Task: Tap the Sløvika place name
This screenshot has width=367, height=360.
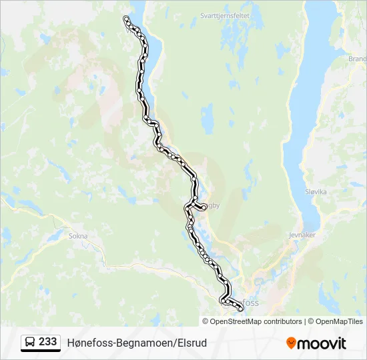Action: [x=316, y=191]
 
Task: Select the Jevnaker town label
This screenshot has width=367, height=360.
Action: [x=302, y=235]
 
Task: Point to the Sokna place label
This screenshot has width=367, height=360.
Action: [x=78, y=235]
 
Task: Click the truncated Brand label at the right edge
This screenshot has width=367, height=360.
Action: [x=357, y=59]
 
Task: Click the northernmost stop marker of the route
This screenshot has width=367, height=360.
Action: [x=126, y=18]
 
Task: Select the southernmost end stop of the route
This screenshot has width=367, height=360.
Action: [x=240, y=309]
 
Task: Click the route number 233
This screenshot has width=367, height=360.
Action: [x=48, y=341]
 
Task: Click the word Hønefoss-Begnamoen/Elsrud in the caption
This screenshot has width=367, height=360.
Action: [x=137, y=343]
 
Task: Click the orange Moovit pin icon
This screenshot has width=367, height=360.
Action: [x=291, y=343]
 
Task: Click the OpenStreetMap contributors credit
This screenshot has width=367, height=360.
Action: [x=256, y=321]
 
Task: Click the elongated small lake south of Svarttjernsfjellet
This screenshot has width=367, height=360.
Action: [x=208, y=118]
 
